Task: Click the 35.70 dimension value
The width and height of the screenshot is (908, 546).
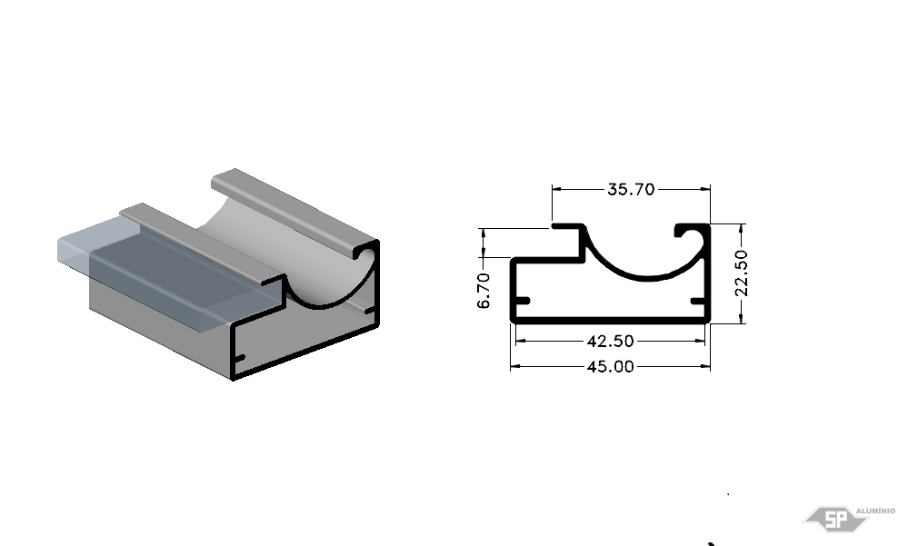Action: [x=631, y=189]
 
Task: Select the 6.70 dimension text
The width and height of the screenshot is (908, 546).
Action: [x=484, y=291]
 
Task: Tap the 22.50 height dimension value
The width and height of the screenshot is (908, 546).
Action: [x=742, y=273]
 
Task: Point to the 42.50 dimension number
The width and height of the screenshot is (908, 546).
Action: [x=611, y=341]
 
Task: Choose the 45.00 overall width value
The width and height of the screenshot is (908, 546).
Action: [x=611, y=366]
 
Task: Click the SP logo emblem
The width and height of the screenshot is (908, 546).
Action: [x=835, y=519]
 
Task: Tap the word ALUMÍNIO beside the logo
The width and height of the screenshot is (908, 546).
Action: [x=875, y=511]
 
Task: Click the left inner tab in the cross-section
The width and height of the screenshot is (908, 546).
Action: [x=522, y=301]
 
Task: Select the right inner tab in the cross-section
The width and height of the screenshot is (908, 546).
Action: [x=698, y=301]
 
